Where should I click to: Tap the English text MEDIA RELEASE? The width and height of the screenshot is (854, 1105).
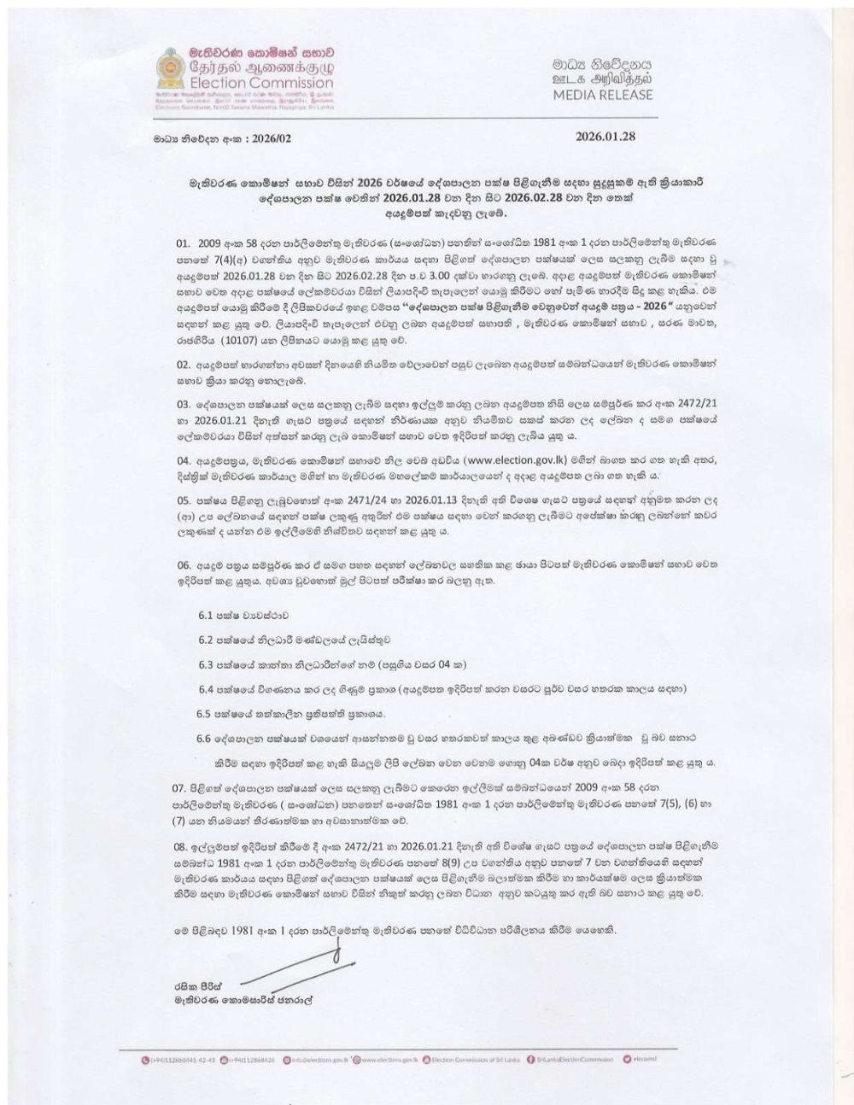(602, 94)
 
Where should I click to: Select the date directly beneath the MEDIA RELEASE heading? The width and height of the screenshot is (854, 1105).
(605, 137)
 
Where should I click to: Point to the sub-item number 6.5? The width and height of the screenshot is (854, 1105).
(205, 712)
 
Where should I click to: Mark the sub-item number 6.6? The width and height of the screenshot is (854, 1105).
(207, 738)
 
